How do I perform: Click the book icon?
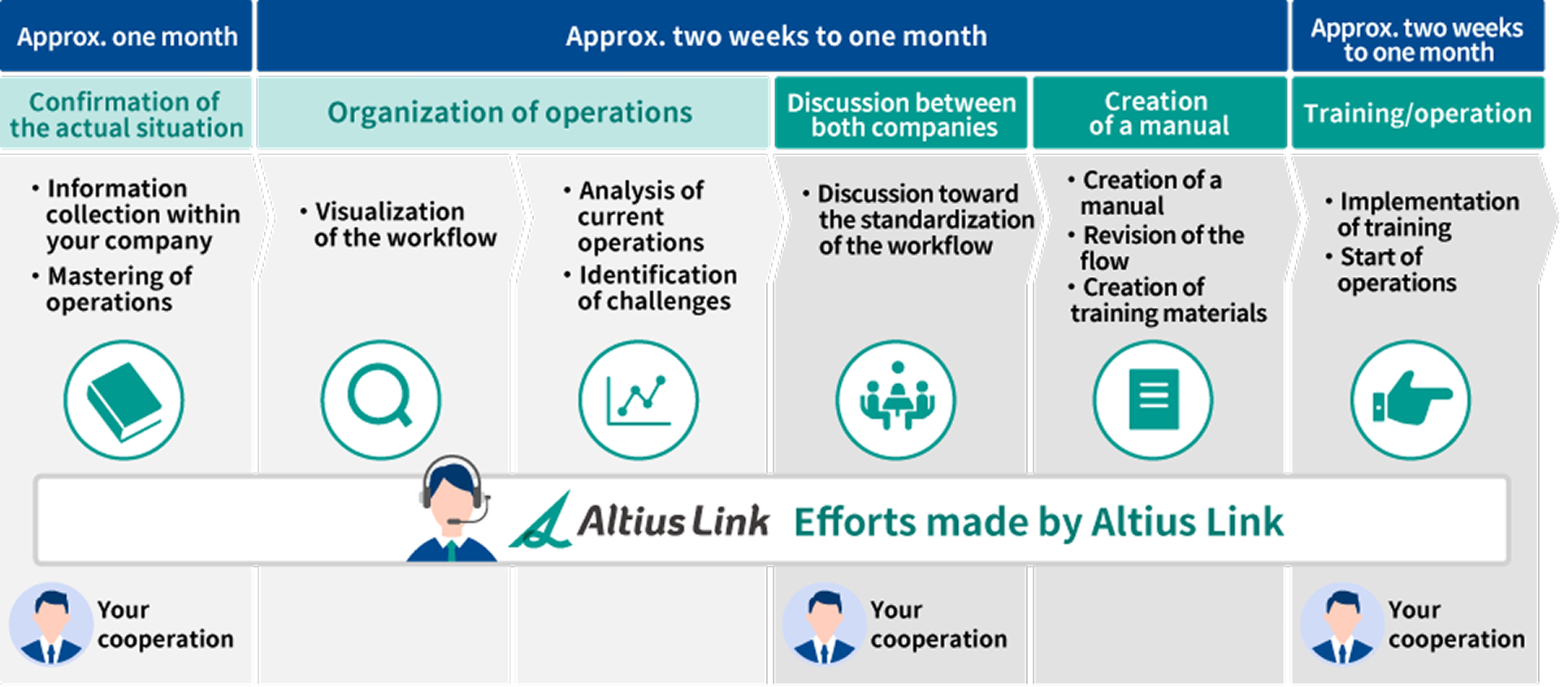[x=124, y=400]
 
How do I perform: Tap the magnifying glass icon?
[x=380, y=400]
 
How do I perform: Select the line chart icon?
[x=639, y=400]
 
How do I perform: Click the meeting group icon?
[x=896, y=400]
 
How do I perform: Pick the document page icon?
[x=1153, y=400]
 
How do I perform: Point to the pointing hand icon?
[x=1411, y=400]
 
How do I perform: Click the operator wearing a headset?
[x=453, y=509]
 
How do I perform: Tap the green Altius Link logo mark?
[x=540, y=520]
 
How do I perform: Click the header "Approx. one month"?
[x=128, y=37]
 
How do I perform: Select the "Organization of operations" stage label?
[x=510, y=112]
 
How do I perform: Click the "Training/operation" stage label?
[x=1418, y=113]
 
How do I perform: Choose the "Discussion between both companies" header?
[x=902, y=114]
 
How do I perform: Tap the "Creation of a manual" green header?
[x=1159, y=113]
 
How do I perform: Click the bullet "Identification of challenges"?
[x=651, y=287]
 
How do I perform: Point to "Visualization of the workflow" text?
[x=399, y=224]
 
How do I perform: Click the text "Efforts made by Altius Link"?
[x=1038, y=521]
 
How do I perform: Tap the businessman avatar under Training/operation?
[x=1342, y=624]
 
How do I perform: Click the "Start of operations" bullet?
[x=1391, y=270]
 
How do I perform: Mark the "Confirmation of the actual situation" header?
[x=127, y=114]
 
